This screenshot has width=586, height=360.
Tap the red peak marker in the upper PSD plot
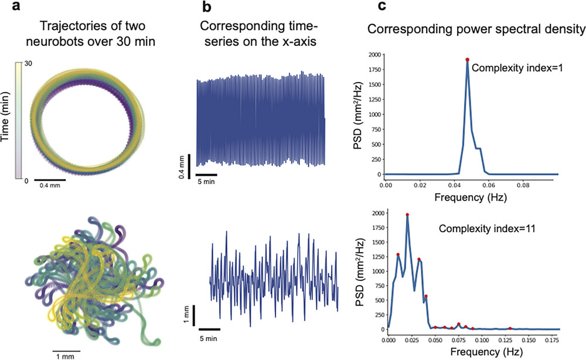[467, 59]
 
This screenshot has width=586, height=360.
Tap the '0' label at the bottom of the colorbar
[26, 180]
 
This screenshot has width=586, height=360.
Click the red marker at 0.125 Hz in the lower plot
[510, 328]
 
